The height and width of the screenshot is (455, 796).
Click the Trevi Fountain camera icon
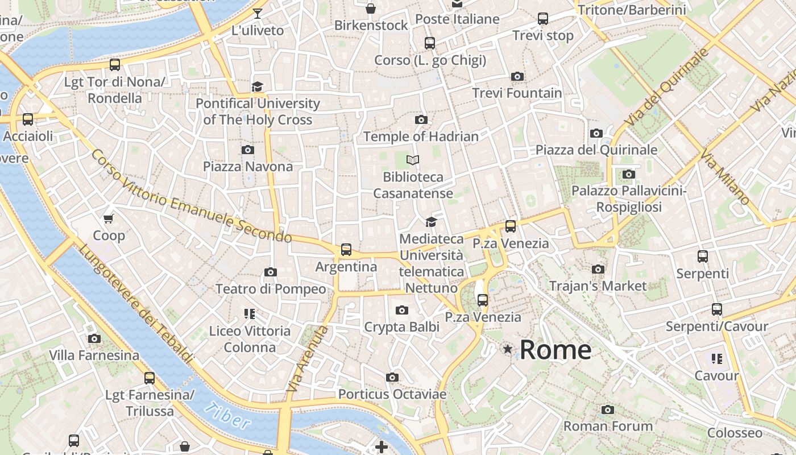517,76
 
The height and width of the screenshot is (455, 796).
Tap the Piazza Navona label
248,167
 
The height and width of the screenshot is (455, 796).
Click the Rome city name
555,349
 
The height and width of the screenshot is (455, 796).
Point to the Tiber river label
227,416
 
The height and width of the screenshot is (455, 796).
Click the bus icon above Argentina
346,250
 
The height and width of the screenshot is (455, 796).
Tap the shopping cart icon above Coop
109,218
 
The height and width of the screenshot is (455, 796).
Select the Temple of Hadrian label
421,136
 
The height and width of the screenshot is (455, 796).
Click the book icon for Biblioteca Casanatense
413,160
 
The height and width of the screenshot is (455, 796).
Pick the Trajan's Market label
598,286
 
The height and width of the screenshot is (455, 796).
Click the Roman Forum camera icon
608,409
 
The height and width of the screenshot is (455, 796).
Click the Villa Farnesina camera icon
94,339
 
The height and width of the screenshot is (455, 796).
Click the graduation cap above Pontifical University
258,86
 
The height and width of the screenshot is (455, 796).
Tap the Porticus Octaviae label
392,394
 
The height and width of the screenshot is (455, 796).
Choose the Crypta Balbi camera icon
402,310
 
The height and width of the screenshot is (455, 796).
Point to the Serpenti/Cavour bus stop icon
717,309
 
